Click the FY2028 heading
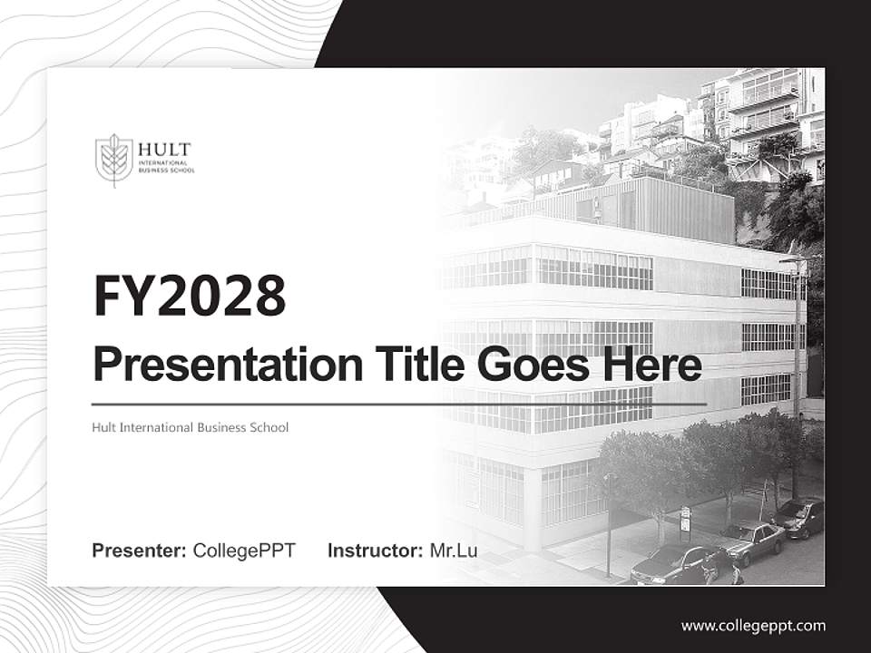(190, 295)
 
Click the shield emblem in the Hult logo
(113, 160)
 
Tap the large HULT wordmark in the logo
(164, 150)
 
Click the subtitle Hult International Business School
(191, 426)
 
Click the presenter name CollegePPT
(244, 551)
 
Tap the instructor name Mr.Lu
(454, 551)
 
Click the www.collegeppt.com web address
(753, 625)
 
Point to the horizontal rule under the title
(399, 404)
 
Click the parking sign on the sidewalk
(685, 519)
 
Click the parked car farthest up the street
(801, 517)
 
